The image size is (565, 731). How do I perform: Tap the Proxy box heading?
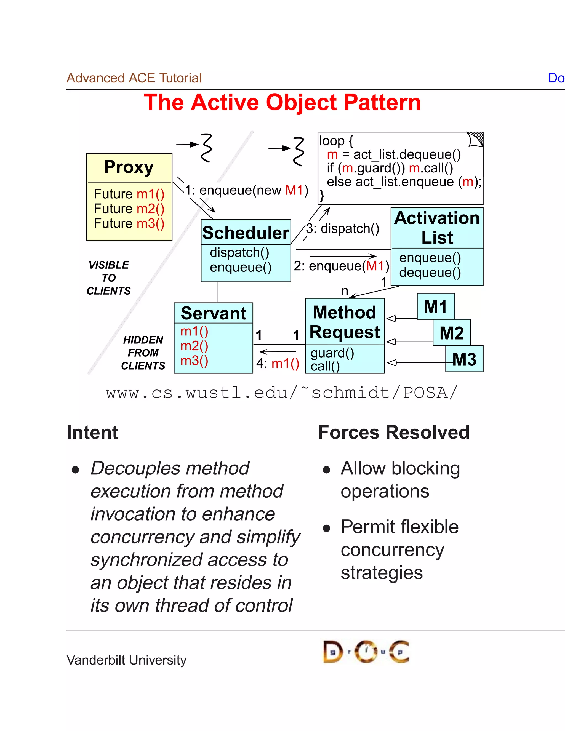(x=129, y=167)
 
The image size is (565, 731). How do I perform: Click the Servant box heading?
(x=213, y=313)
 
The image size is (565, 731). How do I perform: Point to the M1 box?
(x=435, y=306)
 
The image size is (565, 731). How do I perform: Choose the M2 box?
(x=452, y=333)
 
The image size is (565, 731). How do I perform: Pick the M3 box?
(x=464, y=359)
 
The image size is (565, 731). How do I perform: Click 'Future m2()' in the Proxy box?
(x=129, y=209)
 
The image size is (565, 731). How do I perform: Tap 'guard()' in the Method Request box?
(x=332, y=353)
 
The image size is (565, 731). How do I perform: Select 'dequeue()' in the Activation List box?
(x=430, y=273)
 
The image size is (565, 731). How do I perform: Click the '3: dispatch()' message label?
(x=342, y=229)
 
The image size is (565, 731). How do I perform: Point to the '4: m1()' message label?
(x=278, y=363)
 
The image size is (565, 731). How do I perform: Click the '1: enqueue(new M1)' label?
(x=246, y=190)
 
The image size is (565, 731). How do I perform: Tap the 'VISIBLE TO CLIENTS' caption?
(x=108, y=278)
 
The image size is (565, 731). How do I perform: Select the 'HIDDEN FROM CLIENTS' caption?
(x=143, y=353)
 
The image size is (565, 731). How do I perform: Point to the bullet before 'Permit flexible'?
(x=326, y=529)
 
